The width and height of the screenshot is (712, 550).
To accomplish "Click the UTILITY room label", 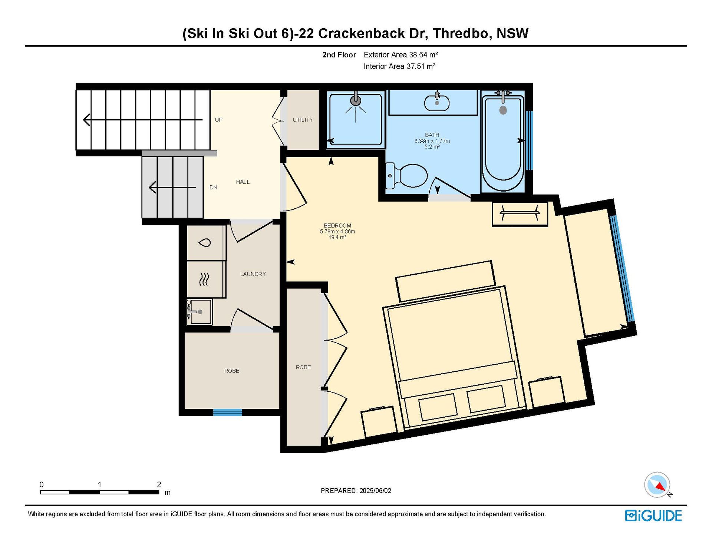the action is tap(303, 120).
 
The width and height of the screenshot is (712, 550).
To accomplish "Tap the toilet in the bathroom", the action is tap(407, 176).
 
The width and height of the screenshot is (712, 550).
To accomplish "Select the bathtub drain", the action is tap(503, 110).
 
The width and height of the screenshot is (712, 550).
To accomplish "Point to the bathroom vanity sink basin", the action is tap(437, 103).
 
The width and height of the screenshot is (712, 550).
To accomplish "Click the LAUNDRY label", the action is tap(253, 274).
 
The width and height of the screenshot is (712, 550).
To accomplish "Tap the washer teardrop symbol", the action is tap(204, 243).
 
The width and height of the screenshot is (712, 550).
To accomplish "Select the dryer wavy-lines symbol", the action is tap(204, 279).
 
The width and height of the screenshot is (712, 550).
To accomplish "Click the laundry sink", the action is tap(200, 312).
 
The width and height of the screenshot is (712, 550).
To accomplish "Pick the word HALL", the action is tap(243, 182).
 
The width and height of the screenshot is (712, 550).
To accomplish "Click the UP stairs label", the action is tap(219, 120).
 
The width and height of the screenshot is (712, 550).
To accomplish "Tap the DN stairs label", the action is tap(213, 188).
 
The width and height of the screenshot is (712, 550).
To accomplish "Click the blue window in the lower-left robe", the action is tap(227, 412).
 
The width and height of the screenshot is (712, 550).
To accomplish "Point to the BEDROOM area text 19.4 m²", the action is tap(337, 237).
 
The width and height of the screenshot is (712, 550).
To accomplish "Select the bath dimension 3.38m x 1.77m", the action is tap(432, 141).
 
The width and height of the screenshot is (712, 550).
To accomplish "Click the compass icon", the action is tap(657, 484).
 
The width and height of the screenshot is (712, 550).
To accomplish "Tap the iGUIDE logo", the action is tap(653, 516).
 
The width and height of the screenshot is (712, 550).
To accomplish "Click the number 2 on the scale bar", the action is tap(159, 484).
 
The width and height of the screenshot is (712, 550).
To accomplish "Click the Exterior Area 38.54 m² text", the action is tap(401, 55).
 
